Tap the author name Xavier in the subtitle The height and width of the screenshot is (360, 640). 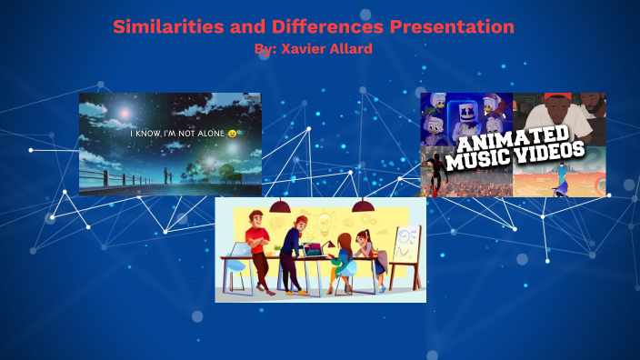(304, 48)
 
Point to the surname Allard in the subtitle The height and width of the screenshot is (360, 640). (351, 48)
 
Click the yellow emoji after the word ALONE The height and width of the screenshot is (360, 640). (233, 134)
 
